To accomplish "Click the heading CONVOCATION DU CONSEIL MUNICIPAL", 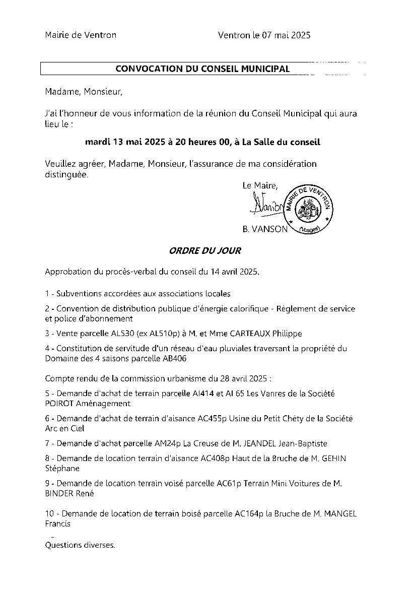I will coord(202,69).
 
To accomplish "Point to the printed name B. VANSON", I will coord(264,229).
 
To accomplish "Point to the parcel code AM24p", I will coord(167,443).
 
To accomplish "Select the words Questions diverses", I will coord(80,545).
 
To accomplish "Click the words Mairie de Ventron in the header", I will coord(81,35).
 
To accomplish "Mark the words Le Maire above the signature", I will coord(260,185).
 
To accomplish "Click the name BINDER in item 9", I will coord(59,494).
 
